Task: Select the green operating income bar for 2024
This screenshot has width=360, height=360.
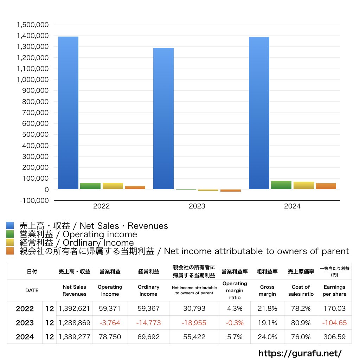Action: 281,185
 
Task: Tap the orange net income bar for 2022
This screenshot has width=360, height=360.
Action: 135,187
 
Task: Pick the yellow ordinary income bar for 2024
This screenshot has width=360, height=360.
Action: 303,185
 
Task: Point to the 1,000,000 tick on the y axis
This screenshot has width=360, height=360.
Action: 32,79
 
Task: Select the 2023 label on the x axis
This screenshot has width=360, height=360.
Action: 197,206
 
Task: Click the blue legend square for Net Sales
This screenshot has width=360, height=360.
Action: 10,226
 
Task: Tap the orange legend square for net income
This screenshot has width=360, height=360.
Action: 10,251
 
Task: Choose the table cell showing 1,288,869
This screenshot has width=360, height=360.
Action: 74,323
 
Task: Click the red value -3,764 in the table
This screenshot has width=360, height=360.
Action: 110,323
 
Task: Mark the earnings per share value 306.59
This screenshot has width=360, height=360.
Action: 334,337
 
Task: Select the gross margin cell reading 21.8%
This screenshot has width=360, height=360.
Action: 267,309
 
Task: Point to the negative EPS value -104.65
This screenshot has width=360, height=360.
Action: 334,323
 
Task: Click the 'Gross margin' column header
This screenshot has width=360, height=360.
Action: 267,290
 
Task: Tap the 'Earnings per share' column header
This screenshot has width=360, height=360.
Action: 334,290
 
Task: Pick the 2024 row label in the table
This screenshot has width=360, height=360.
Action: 25,337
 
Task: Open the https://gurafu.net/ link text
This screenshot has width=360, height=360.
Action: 300,353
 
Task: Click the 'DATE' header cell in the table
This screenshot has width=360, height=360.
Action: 32,290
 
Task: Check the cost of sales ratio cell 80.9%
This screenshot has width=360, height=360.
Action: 301,323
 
